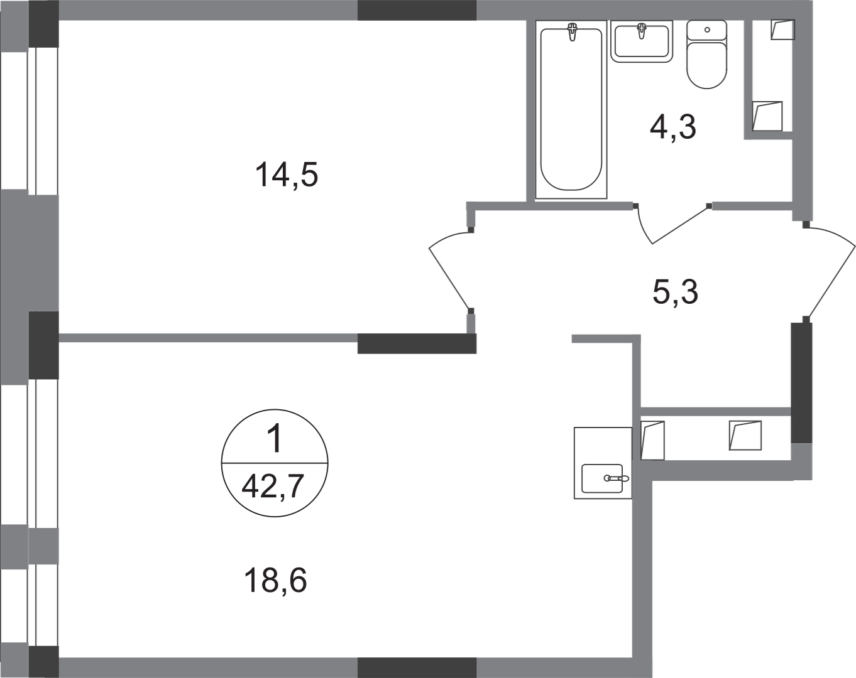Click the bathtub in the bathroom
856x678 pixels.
click(571, 110)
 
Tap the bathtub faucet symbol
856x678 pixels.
click(571, 32)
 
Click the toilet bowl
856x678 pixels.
click(707, 55)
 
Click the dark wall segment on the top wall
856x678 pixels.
click(416, 11)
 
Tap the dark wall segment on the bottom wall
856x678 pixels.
click(416, 666)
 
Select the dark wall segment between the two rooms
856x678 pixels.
click(417, 345)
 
